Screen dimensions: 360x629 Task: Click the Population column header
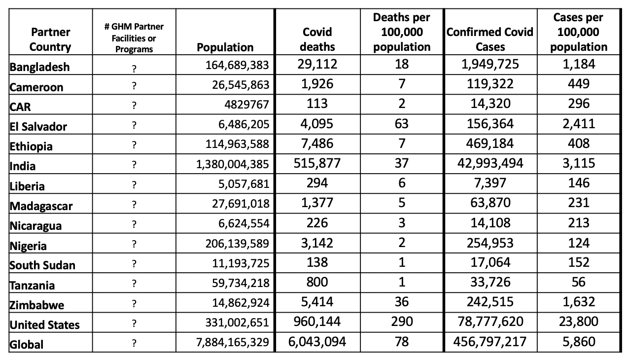(x=225, y=47)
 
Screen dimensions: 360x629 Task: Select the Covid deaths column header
(x=317, y=39)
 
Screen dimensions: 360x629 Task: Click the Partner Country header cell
(x=50, y=39)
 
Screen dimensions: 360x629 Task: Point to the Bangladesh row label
(x=40, y=67)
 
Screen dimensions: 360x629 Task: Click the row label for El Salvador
(x=38, y=127)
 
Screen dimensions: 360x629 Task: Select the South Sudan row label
(x=42, y=265)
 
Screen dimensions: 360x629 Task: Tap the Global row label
(x=27, y=345)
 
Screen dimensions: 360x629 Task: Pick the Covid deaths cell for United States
(x=317, y=322)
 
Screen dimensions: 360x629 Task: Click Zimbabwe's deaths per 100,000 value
(x=402, y=302)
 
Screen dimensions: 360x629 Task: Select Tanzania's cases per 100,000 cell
(x=579, y=282)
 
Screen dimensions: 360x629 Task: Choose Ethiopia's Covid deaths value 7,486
(x=317, y=144)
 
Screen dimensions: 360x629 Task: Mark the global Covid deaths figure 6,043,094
(x=317, y=342)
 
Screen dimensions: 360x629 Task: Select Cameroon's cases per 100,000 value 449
(x=579, y=84)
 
